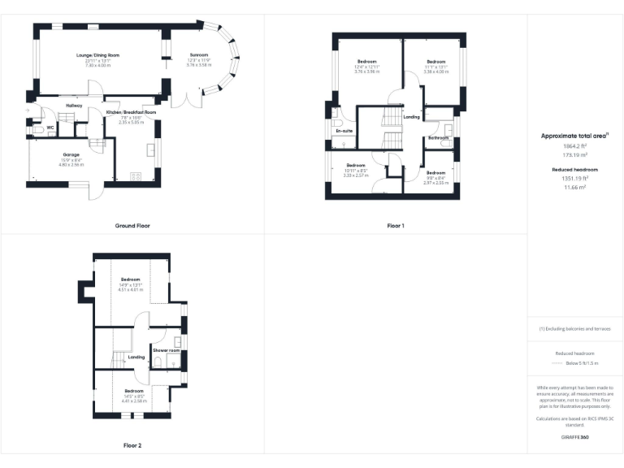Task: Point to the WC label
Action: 50,128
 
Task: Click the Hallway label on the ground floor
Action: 74,105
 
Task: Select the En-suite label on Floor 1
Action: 344,130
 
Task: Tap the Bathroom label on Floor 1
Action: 439,138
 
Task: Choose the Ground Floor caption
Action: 132,225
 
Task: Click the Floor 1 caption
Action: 396,225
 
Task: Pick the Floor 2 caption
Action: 132,445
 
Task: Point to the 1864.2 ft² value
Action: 575,146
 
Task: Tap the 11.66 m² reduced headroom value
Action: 575,187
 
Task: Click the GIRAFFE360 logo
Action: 575,438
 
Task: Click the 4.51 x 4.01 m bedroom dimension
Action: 132,289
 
